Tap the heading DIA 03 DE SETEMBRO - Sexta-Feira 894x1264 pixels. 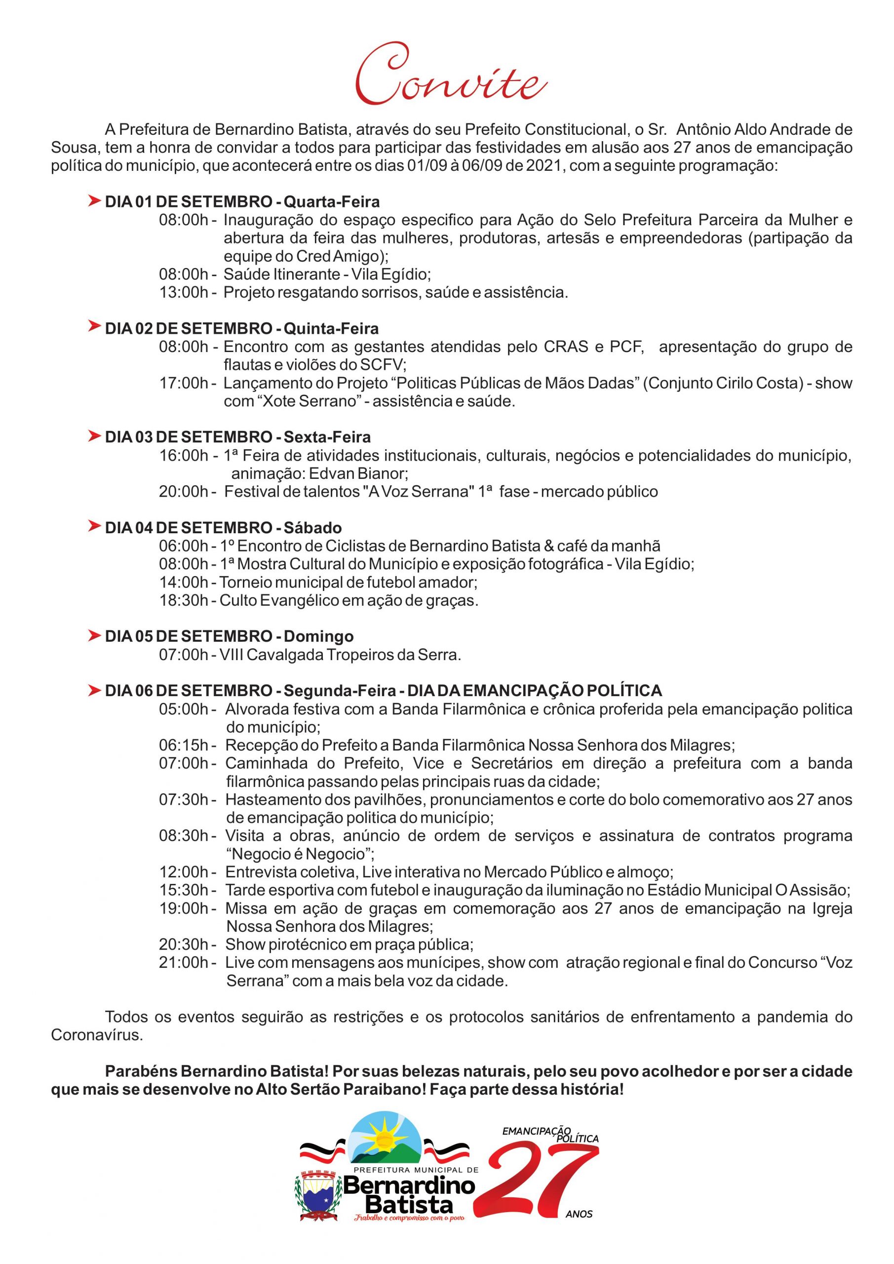(x=238, y=437)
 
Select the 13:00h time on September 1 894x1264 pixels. (x=184, y=292)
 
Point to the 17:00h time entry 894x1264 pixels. (x=184, y=383)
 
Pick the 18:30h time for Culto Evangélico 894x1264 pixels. (x=184, y=600)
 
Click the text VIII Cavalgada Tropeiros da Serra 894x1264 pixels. (x=340, y=655)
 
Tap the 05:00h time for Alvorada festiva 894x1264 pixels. (x=184, y=709)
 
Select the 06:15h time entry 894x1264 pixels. (x=184, y=746)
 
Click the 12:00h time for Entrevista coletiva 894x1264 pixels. (x=184, y=872)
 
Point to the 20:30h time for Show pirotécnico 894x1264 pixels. (x=184, y=945)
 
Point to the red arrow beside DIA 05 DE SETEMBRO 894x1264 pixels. (x=94, y=636)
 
